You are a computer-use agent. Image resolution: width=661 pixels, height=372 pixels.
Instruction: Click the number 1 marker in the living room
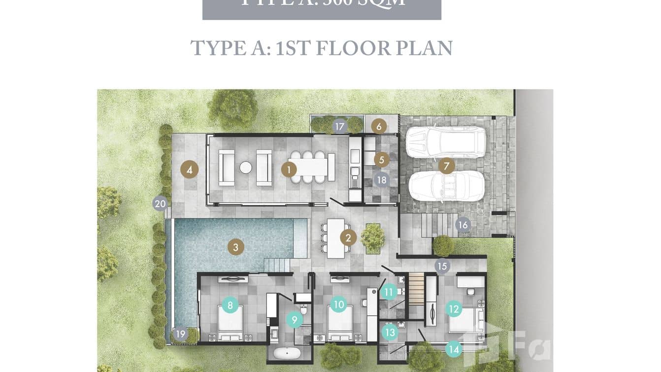(x=289, y=170)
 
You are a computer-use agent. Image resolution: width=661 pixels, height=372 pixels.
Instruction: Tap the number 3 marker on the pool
(x=235, y=247)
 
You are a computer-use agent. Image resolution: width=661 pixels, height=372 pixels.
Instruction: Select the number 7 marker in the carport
(x=446, y=166)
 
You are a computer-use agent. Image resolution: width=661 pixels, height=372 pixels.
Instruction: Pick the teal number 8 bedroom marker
(x=230, y=304)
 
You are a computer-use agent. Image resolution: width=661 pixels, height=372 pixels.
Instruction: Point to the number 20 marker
(x=160, y=203)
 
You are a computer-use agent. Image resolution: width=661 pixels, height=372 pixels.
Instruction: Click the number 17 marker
(x=339, y=127)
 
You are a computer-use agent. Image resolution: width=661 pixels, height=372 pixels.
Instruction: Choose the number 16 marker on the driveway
(x=463, y=225)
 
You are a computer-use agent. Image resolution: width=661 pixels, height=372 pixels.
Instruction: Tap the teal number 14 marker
(x=454, y=350)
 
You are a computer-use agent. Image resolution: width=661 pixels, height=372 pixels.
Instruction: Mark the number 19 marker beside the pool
(x=181, y=335)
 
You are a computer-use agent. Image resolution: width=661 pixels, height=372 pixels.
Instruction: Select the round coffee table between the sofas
(x=246, y=168)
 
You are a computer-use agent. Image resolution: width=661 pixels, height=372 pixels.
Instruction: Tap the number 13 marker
(x=390, y=333)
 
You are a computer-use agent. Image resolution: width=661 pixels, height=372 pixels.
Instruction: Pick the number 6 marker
(x=379, y=126)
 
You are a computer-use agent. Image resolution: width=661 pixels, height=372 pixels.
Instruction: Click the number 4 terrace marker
(x=189, y=170)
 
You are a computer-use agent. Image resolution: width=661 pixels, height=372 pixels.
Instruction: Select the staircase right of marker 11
(x=417, y=291)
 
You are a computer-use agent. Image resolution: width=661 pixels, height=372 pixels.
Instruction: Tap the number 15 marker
(x=442, y=266)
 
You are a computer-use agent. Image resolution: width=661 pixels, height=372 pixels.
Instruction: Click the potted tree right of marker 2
(x=373, y=237)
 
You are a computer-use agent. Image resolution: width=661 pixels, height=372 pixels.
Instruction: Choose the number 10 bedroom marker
(x=338, y=304)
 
